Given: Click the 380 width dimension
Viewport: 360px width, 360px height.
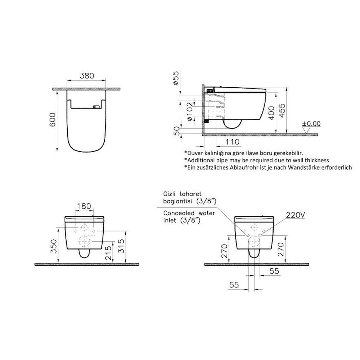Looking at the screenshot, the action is (x=87, y=76).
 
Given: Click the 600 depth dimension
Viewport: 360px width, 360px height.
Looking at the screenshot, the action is (x=53, y=120).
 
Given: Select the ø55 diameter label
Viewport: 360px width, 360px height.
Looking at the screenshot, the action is (x=176, y=78).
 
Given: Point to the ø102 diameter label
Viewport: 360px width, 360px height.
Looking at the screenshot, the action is (x=190, y=112).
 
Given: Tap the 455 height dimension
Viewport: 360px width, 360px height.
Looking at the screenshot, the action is (x=282, y=111).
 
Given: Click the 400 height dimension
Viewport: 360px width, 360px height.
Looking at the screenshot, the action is (x=271, y=113).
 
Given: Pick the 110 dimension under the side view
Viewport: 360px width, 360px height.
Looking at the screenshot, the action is (x=232, y=142).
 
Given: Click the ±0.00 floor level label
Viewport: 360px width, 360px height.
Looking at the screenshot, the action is (x=311, y=123).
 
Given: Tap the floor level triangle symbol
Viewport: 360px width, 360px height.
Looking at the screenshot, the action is (x=306, y=130).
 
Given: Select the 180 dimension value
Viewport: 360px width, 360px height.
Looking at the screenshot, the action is (x=84, y=206).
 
